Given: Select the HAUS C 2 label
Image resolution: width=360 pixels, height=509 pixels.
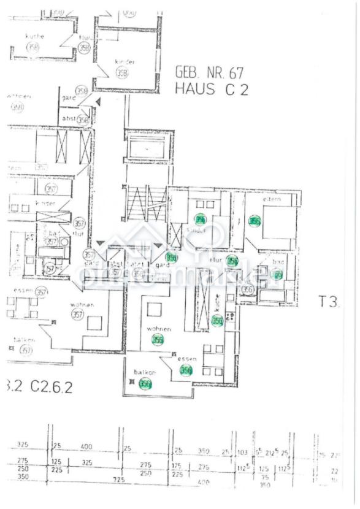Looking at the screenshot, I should coord(212,89).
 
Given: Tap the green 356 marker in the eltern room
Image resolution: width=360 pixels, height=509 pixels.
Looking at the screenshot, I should coord(255,221).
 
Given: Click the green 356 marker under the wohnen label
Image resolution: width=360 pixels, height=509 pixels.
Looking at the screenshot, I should coord(158,340).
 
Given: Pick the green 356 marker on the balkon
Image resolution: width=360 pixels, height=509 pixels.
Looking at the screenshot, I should coord(145,385).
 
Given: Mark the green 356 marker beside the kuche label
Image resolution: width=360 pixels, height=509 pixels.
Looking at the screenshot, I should coord(217,320).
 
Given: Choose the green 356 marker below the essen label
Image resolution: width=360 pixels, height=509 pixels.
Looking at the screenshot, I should coord(186,370).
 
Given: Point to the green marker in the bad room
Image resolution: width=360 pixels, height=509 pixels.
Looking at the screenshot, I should coord(277,275).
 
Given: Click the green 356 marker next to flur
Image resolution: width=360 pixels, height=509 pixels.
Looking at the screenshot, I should coord(232,261).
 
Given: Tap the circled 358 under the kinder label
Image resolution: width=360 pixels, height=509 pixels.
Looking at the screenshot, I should coord(122,74).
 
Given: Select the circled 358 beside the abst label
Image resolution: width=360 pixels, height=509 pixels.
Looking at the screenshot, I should coord(83,120).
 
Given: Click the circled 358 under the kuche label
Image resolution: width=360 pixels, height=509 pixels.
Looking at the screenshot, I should coord(34,47).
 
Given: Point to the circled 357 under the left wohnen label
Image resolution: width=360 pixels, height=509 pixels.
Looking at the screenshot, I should coord(78,315).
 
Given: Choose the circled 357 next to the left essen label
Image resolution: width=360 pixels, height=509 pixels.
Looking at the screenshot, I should coord(41,292).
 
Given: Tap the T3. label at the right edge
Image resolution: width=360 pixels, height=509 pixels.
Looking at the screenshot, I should coord(329,302).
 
